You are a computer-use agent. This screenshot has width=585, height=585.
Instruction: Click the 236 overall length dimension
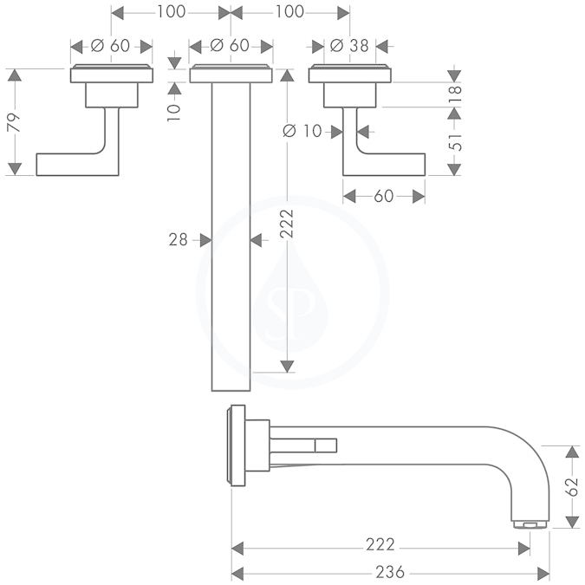click(390, 572)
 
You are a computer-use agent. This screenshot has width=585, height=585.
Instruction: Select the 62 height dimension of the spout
click(572, 487)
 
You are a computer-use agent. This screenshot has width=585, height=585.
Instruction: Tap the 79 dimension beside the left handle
click(14, 122)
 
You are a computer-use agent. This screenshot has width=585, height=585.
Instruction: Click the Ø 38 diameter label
click(349, 46)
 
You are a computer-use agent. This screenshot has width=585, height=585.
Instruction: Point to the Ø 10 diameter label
click(302, 131)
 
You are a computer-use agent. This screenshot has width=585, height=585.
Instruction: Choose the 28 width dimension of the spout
click(178, 239)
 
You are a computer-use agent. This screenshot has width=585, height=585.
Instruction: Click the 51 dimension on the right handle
click(455, 141)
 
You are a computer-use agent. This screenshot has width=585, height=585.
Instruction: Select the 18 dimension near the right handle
click(455, 94)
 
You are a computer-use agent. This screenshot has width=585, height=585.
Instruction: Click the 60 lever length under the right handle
click(384, 196)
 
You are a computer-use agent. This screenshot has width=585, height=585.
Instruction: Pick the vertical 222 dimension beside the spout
click(287, 224)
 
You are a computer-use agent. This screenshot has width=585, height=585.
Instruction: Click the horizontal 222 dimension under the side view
click(380, 545)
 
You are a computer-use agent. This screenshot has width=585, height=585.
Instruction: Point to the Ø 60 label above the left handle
click(110, 46)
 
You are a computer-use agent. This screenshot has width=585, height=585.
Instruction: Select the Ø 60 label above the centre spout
click(230, 46)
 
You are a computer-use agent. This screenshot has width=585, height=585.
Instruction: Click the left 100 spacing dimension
click(171, 12)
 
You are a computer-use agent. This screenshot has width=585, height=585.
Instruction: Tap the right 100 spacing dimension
click(289, 12)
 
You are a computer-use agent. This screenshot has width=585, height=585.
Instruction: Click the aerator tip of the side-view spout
click(530, 524)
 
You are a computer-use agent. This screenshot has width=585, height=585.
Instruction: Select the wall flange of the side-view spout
click(236, 445)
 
